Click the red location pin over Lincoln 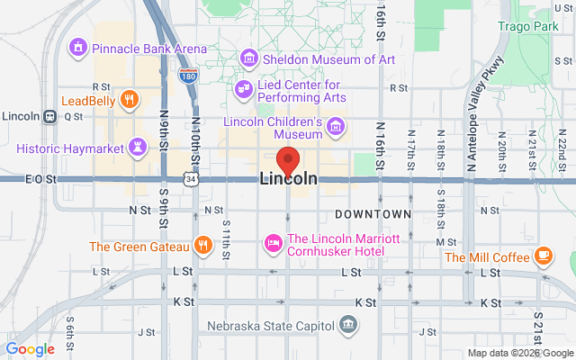288,159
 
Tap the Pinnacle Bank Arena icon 78,46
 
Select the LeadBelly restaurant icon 130,100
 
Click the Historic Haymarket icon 137,145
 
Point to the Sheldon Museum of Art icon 248,59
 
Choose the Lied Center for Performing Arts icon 243,88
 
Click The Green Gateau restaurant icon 204,246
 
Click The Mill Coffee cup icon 544,257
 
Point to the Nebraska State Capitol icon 347,325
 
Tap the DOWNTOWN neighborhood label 373,214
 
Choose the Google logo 31,349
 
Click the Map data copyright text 519,353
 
